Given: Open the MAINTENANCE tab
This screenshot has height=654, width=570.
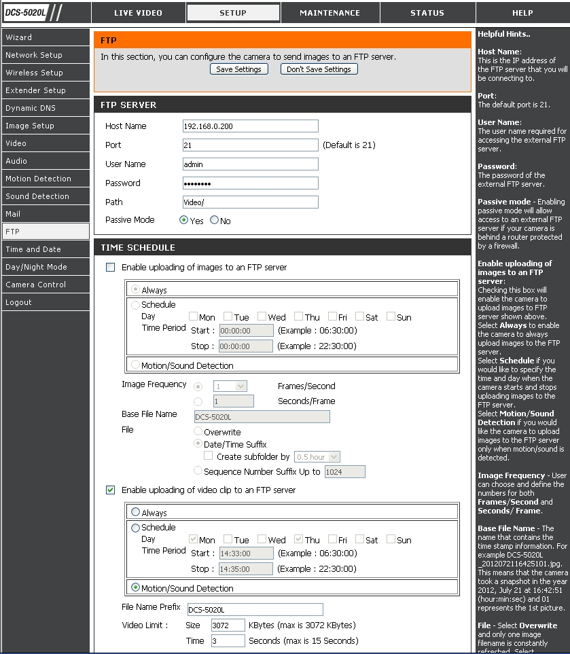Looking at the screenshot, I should (329, 13).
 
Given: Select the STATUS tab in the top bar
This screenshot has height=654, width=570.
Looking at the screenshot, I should (427, 13).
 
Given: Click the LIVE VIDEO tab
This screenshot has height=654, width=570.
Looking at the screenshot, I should (138, 13).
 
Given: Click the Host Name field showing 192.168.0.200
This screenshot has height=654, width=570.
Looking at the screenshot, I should (250, 126).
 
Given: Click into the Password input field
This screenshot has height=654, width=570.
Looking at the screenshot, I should (250, 183).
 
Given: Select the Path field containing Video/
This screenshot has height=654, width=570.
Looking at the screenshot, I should (250, 202).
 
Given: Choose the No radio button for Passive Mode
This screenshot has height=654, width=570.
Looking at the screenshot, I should (215, 220).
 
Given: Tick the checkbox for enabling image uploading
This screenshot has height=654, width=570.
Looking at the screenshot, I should (111, 268).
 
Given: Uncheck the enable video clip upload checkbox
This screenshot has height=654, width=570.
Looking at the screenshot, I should (111, 490).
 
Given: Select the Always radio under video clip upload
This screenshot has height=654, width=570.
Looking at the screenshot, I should (136, 513).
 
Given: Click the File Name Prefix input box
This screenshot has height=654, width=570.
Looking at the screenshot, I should (254, 610).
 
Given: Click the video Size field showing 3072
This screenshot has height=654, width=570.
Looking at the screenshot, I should (228, 625).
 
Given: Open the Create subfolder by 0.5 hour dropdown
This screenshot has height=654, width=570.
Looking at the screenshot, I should (317, 457).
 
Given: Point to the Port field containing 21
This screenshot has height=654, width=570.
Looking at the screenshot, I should (250, 145).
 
